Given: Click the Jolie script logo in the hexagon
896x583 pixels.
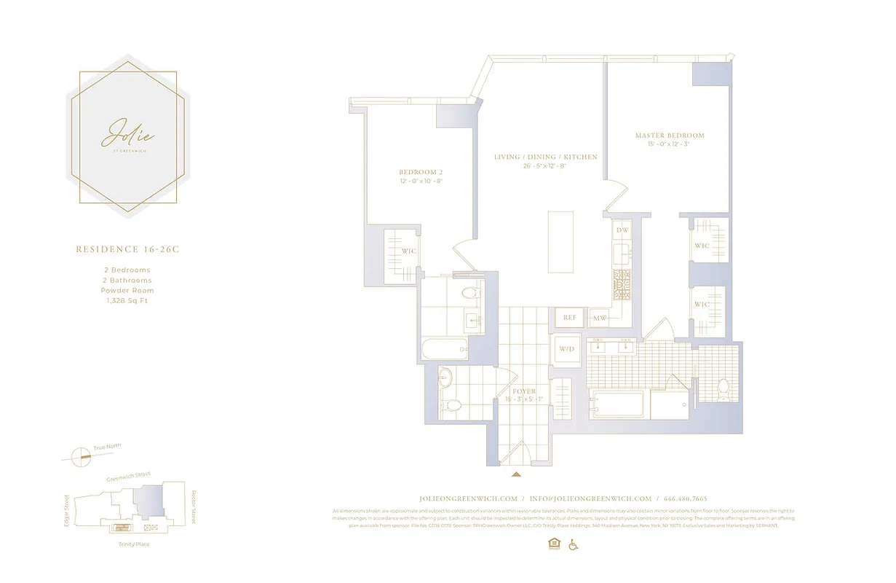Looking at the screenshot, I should click(x=128, y=133).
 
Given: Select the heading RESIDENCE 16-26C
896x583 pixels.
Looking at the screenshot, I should click(x=127, y=249).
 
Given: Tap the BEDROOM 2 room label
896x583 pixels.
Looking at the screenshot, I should click(x=421, y=172).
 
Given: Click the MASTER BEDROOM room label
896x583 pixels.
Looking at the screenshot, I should click(x=670, y=136).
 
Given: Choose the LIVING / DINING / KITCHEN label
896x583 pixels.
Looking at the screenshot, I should click(x=545, y=157).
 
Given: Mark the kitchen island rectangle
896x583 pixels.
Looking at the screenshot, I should click(x=560, y=240).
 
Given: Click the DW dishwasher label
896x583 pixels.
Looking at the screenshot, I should click(x=622, y=230).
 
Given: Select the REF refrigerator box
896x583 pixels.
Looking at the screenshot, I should click(x=570, y=318).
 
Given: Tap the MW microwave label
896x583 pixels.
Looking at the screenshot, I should click(x=600, y=318).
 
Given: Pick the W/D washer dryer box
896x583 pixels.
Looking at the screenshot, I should click(x=567, y=349).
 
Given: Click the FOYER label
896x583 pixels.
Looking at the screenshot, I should click(x=523, y=392).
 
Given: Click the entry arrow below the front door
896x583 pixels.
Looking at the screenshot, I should click(x=517, y=474).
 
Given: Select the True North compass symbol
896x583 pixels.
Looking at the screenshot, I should click(x=81, y=456).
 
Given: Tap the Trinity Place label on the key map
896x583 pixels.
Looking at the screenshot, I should click(x=133, y=544).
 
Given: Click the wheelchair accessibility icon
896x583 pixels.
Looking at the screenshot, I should click(x=573, y=544).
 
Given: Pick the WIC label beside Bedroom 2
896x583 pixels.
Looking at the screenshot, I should click(x=409, y=252).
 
